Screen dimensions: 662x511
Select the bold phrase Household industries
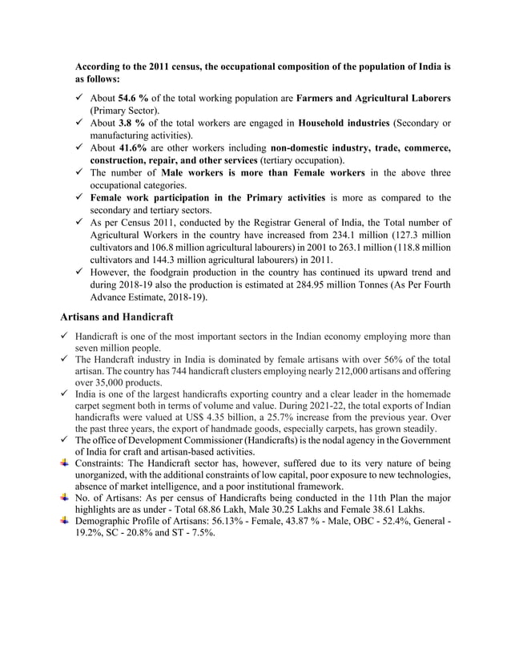coord(346,123)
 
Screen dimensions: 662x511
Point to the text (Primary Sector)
coord(125,110)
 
